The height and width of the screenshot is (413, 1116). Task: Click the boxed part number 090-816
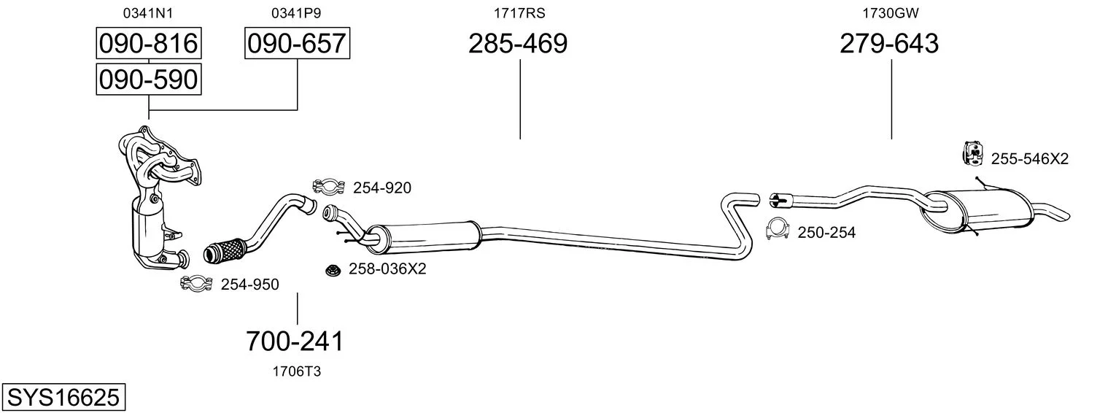[x=149, y=43]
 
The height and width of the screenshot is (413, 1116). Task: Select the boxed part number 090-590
[x=149, y=80]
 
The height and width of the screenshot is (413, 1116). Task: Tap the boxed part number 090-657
[x=297, y=43]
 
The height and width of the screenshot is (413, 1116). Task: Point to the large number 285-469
[x=518, y=43]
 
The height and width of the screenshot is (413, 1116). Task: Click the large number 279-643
[x=889, y=43]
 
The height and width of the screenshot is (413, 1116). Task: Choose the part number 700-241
[x=295, y=341]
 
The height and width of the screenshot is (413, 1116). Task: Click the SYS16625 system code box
[x=63, y=398]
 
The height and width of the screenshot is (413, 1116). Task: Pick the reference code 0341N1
[x=148, y=13]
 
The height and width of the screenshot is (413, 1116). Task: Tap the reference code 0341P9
[x=296, y=13]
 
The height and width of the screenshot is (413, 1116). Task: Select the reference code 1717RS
[x=519, y=13]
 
